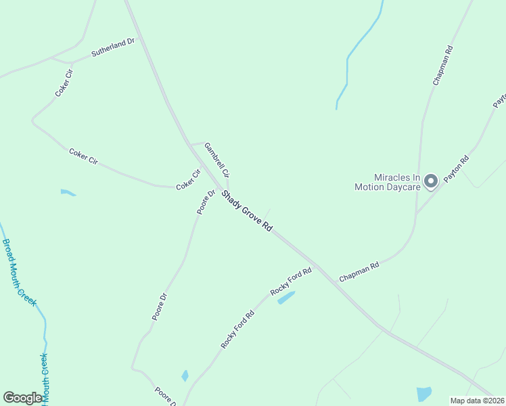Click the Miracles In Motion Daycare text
(388, 182)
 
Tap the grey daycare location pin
(431, 180)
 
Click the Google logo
(23, 398)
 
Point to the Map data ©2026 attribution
(478, 401)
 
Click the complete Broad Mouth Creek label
(20, 273)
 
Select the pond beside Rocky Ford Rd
(286, 298)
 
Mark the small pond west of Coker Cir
(68, 193)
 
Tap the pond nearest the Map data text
(424, 394)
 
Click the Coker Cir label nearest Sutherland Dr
(64, 83)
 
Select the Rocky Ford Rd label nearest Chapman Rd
(291, 281)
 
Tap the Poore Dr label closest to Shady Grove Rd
(206, 202)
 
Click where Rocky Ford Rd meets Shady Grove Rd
(317, 265)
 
